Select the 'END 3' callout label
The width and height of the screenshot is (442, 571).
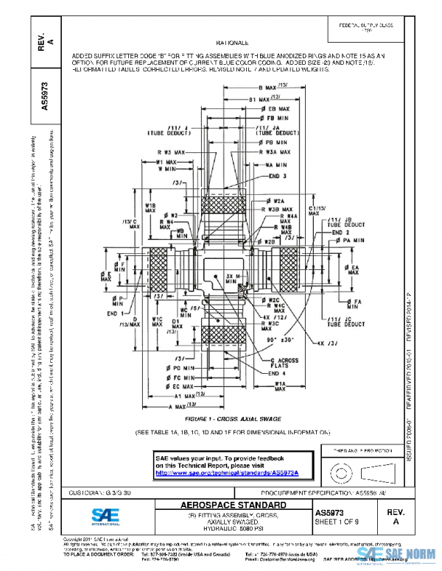point(279,176)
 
